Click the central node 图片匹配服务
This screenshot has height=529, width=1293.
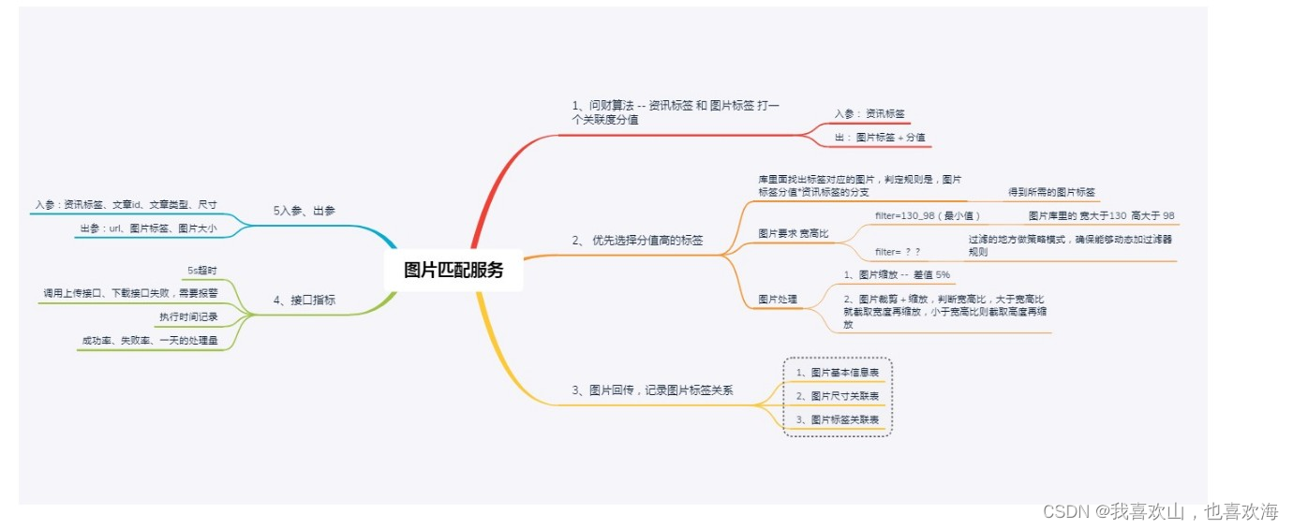click(453, 271)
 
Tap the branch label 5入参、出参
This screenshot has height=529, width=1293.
click(305, 212)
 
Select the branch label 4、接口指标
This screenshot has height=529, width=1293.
click(305, 301)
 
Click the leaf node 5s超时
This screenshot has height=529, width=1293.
click(202, 271)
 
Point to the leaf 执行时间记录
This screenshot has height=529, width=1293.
click(188, 316)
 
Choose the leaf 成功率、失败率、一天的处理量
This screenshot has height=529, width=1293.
click(150, 341)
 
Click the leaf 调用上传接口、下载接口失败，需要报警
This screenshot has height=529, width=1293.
click(130, 293)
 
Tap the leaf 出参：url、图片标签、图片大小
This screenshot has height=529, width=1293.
click(148, 228)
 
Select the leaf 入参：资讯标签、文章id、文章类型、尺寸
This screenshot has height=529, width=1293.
click(126, 203)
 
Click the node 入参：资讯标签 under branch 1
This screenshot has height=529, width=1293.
click(869, 114)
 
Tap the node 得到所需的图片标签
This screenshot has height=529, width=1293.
click(1051, 192)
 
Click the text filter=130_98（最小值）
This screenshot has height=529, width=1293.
click(928, 215)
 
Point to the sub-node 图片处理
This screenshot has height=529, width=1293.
click(778, 300)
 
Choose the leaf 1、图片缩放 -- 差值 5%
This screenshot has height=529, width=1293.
click(897, 274)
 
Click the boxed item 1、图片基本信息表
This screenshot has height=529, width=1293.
click(838, 373)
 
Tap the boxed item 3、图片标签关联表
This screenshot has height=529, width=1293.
click(838, 420)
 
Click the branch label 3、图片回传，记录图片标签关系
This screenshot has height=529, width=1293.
click(652, 390)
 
